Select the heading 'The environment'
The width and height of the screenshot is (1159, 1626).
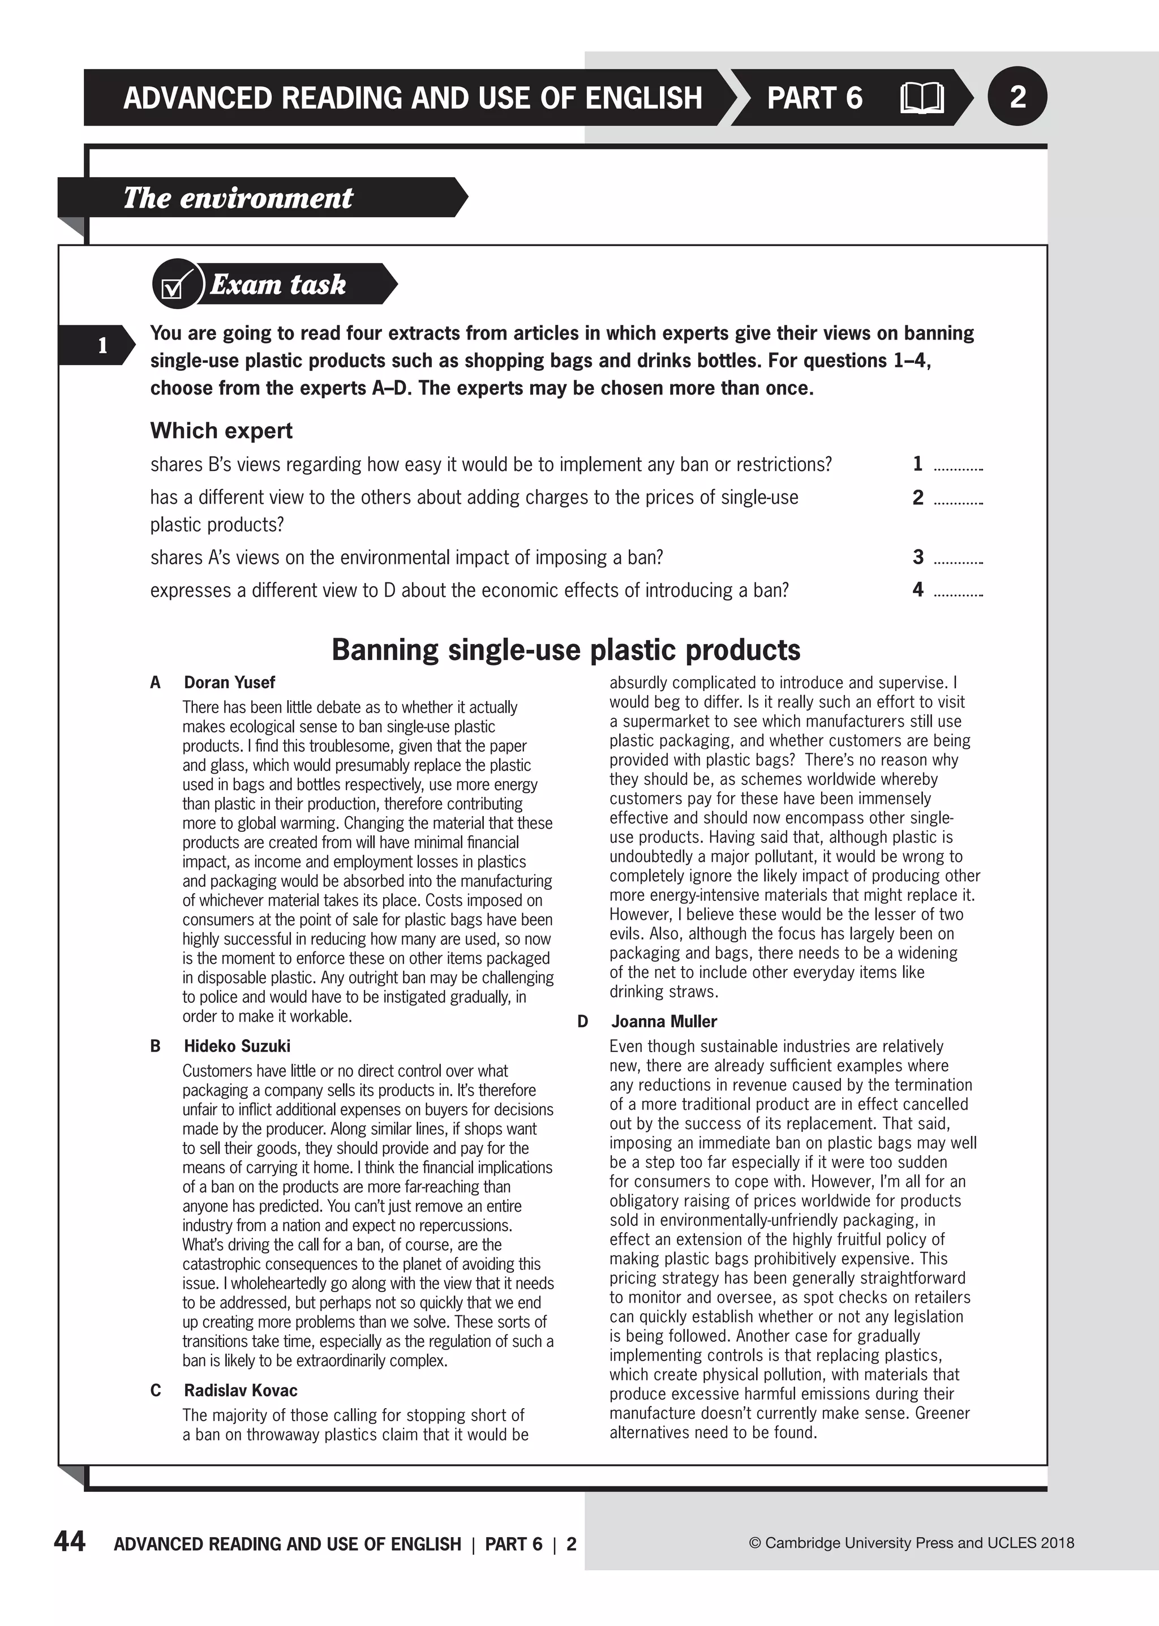[238, 198]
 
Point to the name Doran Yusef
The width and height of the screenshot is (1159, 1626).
[229, 683]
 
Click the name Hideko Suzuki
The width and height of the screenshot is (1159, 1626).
[237, 1046]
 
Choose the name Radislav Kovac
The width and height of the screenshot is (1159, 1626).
[241, 1391]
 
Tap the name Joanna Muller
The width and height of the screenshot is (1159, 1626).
[664, 1022]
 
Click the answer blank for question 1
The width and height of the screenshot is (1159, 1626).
[959, 467]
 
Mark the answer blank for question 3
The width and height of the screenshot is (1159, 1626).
[959, 560]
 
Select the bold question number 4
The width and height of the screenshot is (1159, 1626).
[918, 590]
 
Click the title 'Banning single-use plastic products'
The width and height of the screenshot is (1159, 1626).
[566, 650]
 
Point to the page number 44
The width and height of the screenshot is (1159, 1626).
[70, 1541]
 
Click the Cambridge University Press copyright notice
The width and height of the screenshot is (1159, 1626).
[911, 1542]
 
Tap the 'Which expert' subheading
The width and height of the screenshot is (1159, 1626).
[221, 430]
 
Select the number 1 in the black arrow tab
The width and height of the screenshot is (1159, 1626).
[102, 345]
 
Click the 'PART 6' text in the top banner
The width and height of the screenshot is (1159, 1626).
[814, 98]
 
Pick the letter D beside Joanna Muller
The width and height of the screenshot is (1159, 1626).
[582, 1022]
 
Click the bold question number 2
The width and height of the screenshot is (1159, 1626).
[918, 497]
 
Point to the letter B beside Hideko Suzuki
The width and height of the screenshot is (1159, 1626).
[156, 1046]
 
